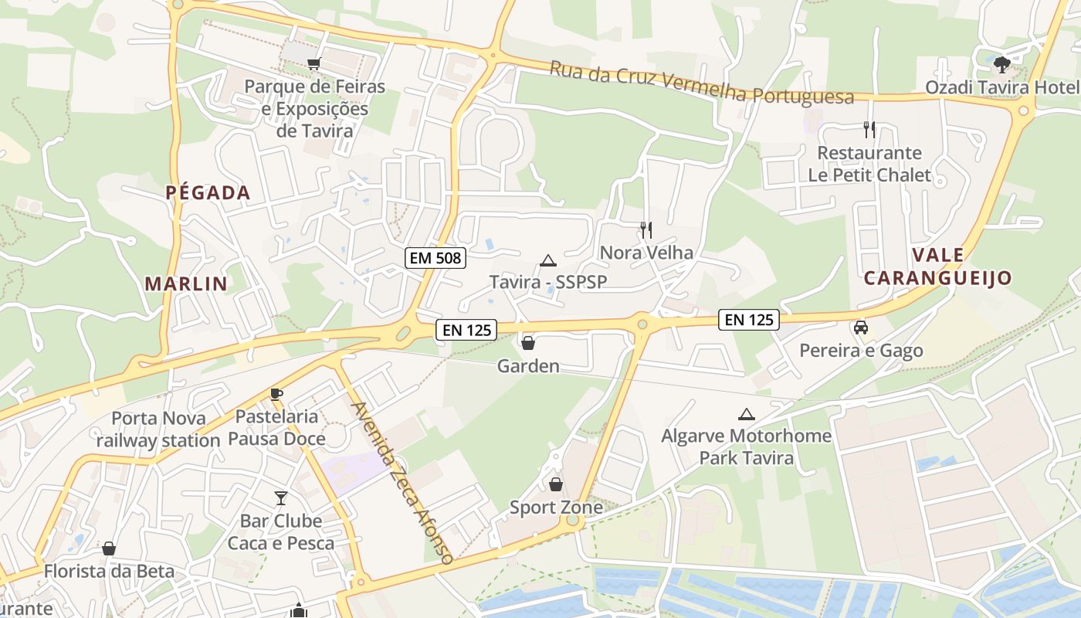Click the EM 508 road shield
tap(435, 258)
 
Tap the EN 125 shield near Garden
tap(466, 330)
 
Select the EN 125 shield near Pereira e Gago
tap(749, 319)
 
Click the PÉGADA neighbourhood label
tap(208, 193)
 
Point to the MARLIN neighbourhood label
tap(186, 284)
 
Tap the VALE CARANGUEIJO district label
tap(937, 267)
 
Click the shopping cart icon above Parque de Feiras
tap(313, 64)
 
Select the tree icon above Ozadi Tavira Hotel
tap(1002, 64)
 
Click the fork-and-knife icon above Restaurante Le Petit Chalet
tap(869, 129)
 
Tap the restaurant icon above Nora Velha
tap(646, 229)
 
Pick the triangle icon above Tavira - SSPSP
tap(548, 260)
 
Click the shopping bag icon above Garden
tap(528, 342)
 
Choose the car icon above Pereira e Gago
tap(861, 328)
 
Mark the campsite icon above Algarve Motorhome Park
tap(746, 414)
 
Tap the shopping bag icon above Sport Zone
tap(555, 484)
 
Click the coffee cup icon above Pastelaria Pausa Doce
tap(276, 394)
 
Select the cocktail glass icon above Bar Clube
tap(281, 498)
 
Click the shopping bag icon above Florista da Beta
tap(109, 548)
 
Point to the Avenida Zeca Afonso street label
tap(401, 483)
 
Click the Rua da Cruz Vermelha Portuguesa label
tap(702, 83)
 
